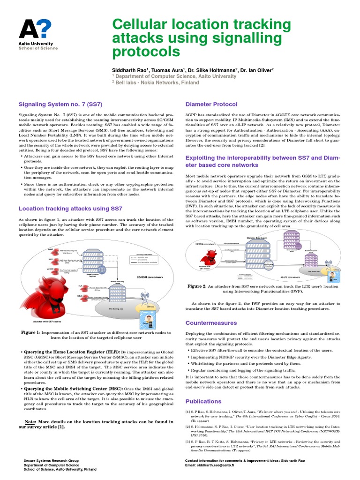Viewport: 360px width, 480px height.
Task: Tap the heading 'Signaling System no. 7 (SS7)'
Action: (x=60, y=104)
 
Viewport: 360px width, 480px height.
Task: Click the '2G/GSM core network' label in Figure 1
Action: (x=150, y=277)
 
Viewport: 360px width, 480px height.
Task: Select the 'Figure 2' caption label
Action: (x=197, y=286)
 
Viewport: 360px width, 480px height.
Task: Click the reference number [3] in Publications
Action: (x=187, y=442)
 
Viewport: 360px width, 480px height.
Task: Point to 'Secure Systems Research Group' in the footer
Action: (x=52, y=461)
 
